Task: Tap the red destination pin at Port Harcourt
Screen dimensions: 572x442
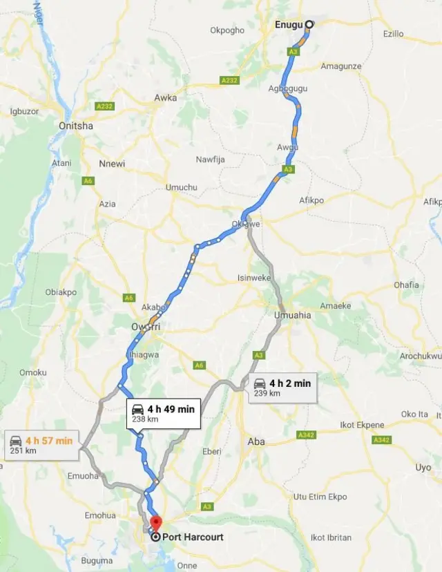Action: (155, 524)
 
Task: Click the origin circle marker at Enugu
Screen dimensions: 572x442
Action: (309, 24)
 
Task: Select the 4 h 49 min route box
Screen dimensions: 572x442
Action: (163, 413)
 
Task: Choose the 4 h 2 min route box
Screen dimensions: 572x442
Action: (282, 387)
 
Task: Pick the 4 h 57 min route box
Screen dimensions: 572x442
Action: (42, 445)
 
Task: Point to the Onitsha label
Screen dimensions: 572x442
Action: (76, 126)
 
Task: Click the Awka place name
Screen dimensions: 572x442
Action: (166, 98)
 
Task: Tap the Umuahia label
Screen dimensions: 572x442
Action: (293, 315)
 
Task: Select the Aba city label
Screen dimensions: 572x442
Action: (256, 441)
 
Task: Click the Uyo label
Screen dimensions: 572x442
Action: (423, 468)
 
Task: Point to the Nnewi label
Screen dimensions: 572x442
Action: (112, 164)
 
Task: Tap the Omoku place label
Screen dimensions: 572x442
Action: (32, 372)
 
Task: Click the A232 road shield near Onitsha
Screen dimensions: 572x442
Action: (104, 106)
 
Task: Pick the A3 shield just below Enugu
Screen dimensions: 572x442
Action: (294, 52)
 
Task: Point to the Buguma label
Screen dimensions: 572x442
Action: (97, 560)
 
